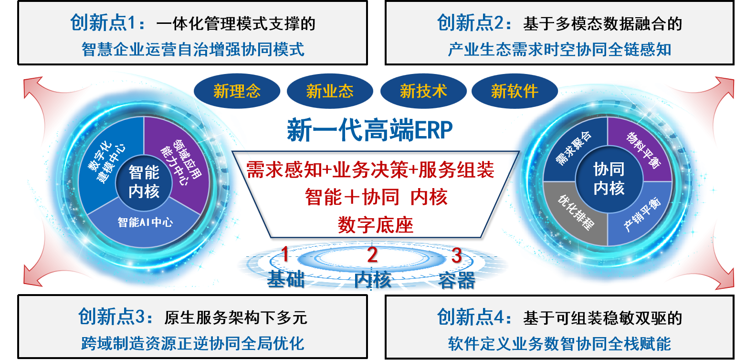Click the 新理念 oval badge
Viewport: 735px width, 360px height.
(237, 91)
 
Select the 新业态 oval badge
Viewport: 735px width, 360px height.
(330, 91)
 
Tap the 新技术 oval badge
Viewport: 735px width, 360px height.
(423, 91)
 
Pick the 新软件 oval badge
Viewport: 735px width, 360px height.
(514, 91)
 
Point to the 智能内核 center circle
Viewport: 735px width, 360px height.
(144, 183)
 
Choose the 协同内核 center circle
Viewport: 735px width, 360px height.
(609, 179)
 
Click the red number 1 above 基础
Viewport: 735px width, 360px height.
(285, 255)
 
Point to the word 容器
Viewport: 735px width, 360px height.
(456, 280)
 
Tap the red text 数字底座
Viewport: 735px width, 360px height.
(375, 224)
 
